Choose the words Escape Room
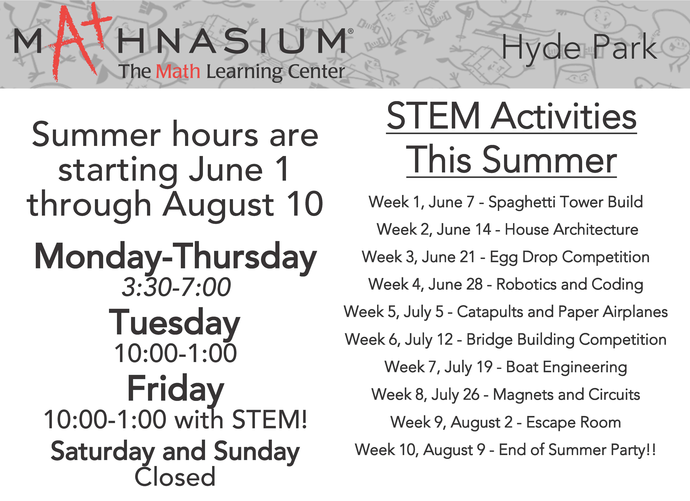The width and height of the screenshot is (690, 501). click(574, 422)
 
